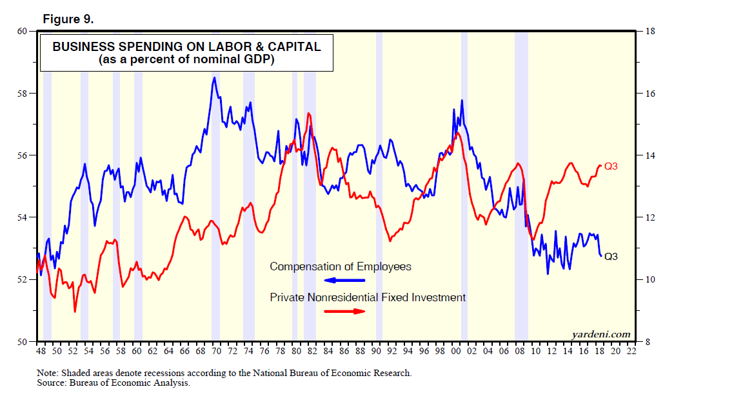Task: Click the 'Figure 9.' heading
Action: (x=68, y=19)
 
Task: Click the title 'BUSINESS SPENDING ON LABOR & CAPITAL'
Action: (x=186, y=47)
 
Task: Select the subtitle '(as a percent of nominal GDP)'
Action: (x=186, y=60)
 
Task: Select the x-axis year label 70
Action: (x=216, y=352)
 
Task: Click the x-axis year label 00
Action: (x=456, y=352)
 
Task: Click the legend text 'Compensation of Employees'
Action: (x=340, y=266)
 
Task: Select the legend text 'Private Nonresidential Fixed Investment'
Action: (x=367, y=297)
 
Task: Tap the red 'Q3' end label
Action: (x=611, y=166)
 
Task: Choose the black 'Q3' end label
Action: (x=611, y=256)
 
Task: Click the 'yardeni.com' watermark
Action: (x=600, y=333)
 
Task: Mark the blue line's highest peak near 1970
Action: (x=214, y=78)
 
